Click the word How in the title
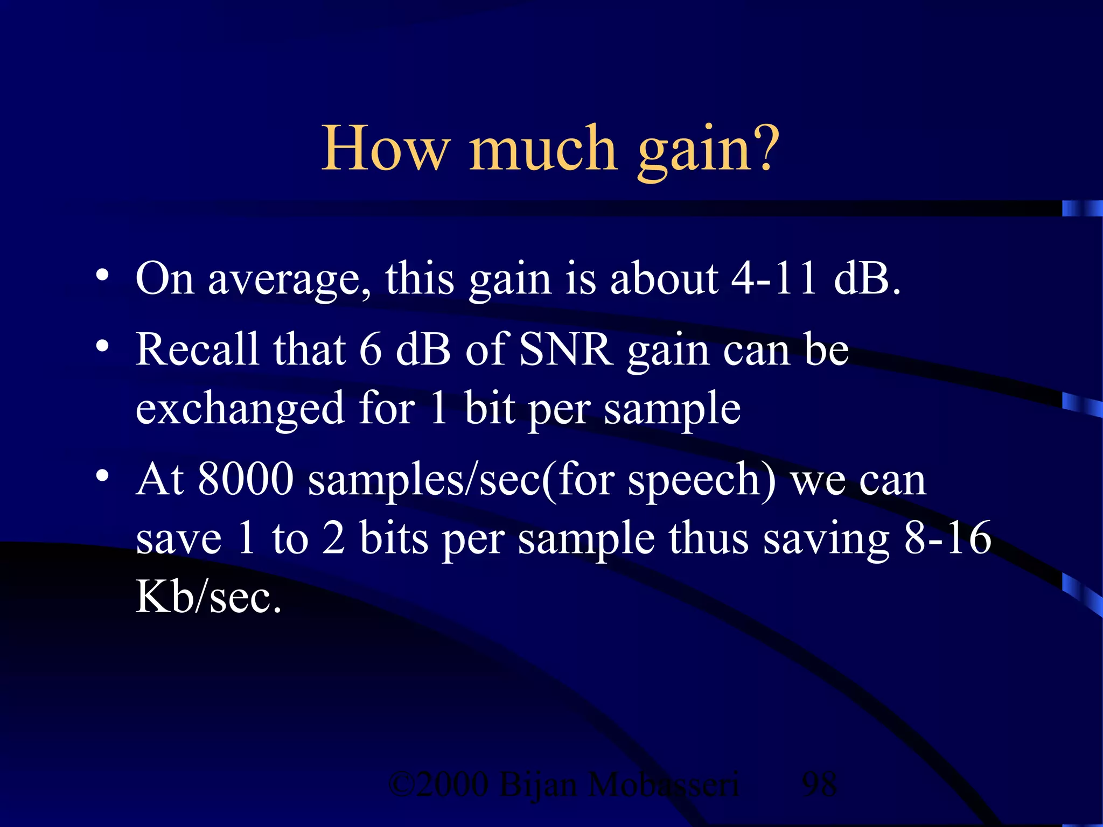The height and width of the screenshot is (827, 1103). click(x=386, y=148)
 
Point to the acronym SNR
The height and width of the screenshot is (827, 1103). click(x=566, y=350)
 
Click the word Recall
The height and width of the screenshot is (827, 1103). click(x=197, y=350)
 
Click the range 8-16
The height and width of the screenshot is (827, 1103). click(x=948, y=538)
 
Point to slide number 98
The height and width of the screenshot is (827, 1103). click(x=819, y=784)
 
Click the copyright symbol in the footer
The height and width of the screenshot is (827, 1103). click(x=401, y=785)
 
